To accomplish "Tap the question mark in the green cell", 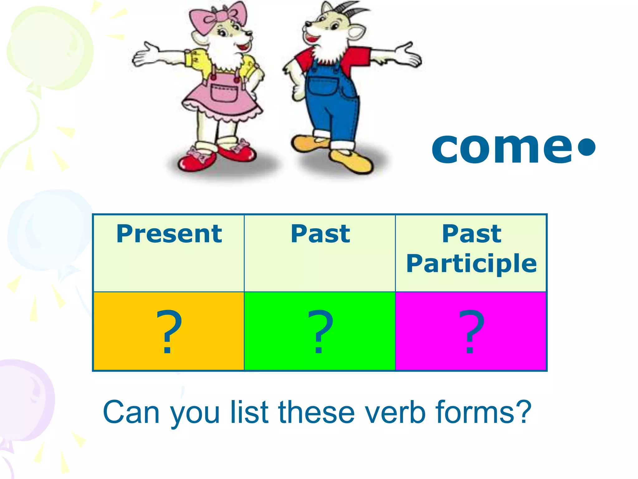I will tap(320, 331).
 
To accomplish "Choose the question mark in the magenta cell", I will tap(471, 331).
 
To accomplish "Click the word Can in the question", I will tap(131, 412).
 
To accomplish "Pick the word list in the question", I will tap(249, 412).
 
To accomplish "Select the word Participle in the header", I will tap(471, 264).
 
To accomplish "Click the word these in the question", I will tap(317, 412).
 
